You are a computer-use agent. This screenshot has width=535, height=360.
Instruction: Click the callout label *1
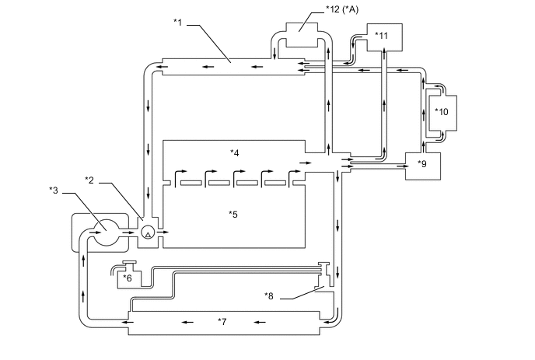click(178, 23)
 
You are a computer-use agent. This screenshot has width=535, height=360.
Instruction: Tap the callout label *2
click(89, 180)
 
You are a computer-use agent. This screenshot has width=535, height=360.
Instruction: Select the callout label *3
click(54, 190)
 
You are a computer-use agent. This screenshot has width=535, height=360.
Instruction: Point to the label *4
click(234, 153)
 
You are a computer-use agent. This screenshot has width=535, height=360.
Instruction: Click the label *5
click(233, 215)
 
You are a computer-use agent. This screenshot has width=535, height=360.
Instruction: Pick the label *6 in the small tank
click(128, 278)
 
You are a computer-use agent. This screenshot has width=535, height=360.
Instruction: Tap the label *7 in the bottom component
click(222, 321)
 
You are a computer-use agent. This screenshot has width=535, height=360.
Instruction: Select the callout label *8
click(269, 295)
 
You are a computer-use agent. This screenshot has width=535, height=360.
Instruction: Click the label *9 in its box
click(422, 164)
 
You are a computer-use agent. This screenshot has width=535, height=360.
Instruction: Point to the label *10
click(442, 112)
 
